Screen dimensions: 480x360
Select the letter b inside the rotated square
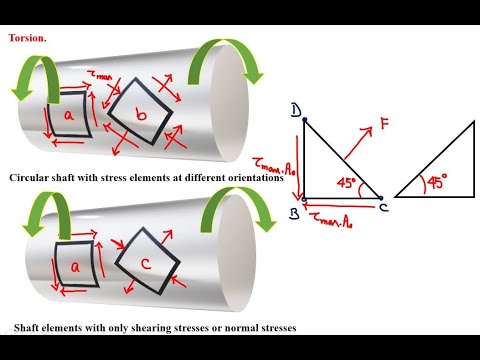coord(140,116)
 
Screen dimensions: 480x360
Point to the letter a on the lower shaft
coord(73,266)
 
